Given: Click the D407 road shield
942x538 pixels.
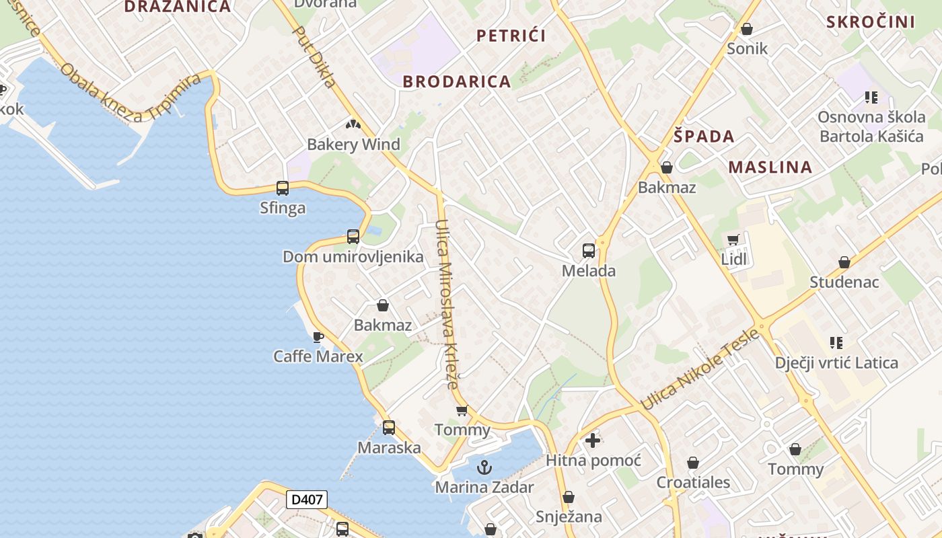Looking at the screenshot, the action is click(x=307, y=500).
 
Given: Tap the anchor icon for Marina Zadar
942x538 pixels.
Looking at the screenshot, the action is click(x=484, y=467).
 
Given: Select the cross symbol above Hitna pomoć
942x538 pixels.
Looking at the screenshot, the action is click(x=592, y=440).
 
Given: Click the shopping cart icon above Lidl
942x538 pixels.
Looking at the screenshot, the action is click(x=733, y=240).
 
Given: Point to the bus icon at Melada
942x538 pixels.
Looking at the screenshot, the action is click(x=589, y=251).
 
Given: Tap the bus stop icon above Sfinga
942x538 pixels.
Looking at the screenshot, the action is click(x=283, y=188).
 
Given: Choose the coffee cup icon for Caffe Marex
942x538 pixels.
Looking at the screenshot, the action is click(x=318, y=336).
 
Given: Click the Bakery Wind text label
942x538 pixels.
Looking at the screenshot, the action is click(x=353, y=145).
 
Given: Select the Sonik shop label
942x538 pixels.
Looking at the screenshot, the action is click(x=747, y=48).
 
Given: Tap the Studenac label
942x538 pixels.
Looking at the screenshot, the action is click(x=844, y=282).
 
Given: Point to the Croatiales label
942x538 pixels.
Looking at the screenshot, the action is click(x=693, y=482).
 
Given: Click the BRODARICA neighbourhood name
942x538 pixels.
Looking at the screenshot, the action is click(x=457, y=82).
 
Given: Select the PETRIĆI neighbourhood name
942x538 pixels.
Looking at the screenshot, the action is click(x=511, y=36).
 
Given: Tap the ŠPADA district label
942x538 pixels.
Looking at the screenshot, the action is click(x=704, y=137).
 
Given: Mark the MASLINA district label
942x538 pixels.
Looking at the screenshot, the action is click(x=770, y=167).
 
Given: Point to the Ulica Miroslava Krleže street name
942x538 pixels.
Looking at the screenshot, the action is click(x=446, y=304).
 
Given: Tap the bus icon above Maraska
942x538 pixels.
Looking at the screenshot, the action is click(x=389, y=428).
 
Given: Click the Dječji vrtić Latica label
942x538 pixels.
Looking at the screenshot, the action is click(x=836, y=363).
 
